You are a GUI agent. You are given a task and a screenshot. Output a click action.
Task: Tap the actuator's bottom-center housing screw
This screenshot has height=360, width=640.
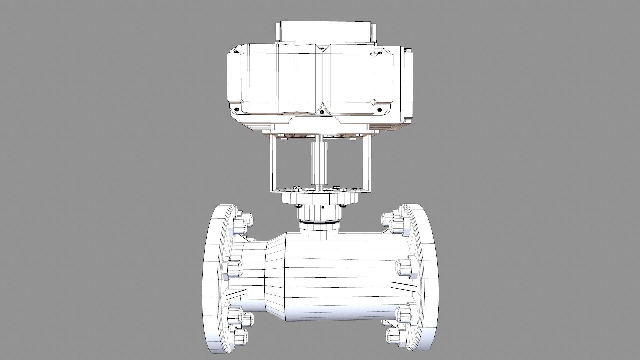click(322, 112)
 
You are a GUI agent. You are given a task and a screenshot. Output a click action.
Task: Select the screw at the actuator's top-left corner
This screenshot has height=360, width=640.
click(236, 52)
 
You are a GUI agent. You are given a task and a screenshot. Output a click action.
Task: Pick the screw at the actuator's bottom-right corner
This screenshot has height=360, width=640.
click(379, 110)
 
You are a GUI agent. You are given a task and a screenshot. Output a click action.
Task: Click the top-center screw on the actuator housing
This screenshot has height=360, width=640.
click(322, 49)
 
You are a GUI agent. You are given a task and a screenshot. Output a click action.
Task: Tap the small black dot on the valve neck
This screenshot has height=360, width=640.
click(323, 207)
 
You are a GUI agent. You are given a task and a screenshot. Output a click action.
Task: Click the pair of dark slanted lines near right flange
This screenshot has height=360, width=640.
click(403, 285)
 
